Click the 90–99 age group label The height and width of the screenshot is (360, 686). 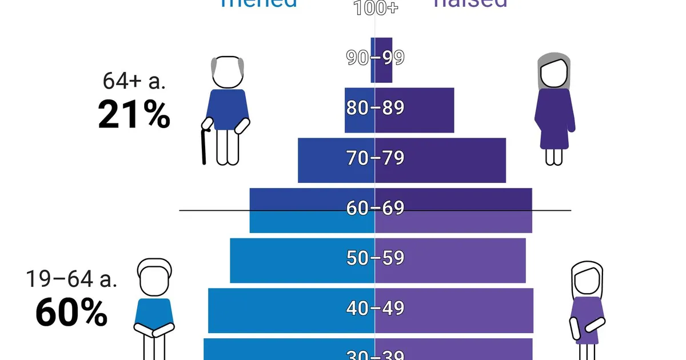coord(375,57)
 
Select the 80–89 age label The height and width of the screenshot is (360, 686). coord(375,107)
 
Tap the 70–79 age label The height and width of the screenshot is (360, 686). coord(375,158)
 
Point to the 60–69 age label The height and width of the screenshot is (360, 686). coord(375,207)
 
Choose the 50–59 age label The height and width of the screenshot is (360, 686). coord(375,258)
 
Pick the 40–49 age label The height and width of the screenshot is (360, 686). coord(375,308)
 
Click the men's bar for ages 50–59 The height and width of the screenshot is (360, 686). coord(286,261)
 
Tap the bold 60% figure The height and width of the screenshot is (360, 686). coord(71,313)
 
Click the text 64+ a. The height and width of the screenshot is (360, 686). coord(134,81)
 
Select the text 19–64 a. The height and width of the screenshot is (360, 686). coord(71,279)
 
